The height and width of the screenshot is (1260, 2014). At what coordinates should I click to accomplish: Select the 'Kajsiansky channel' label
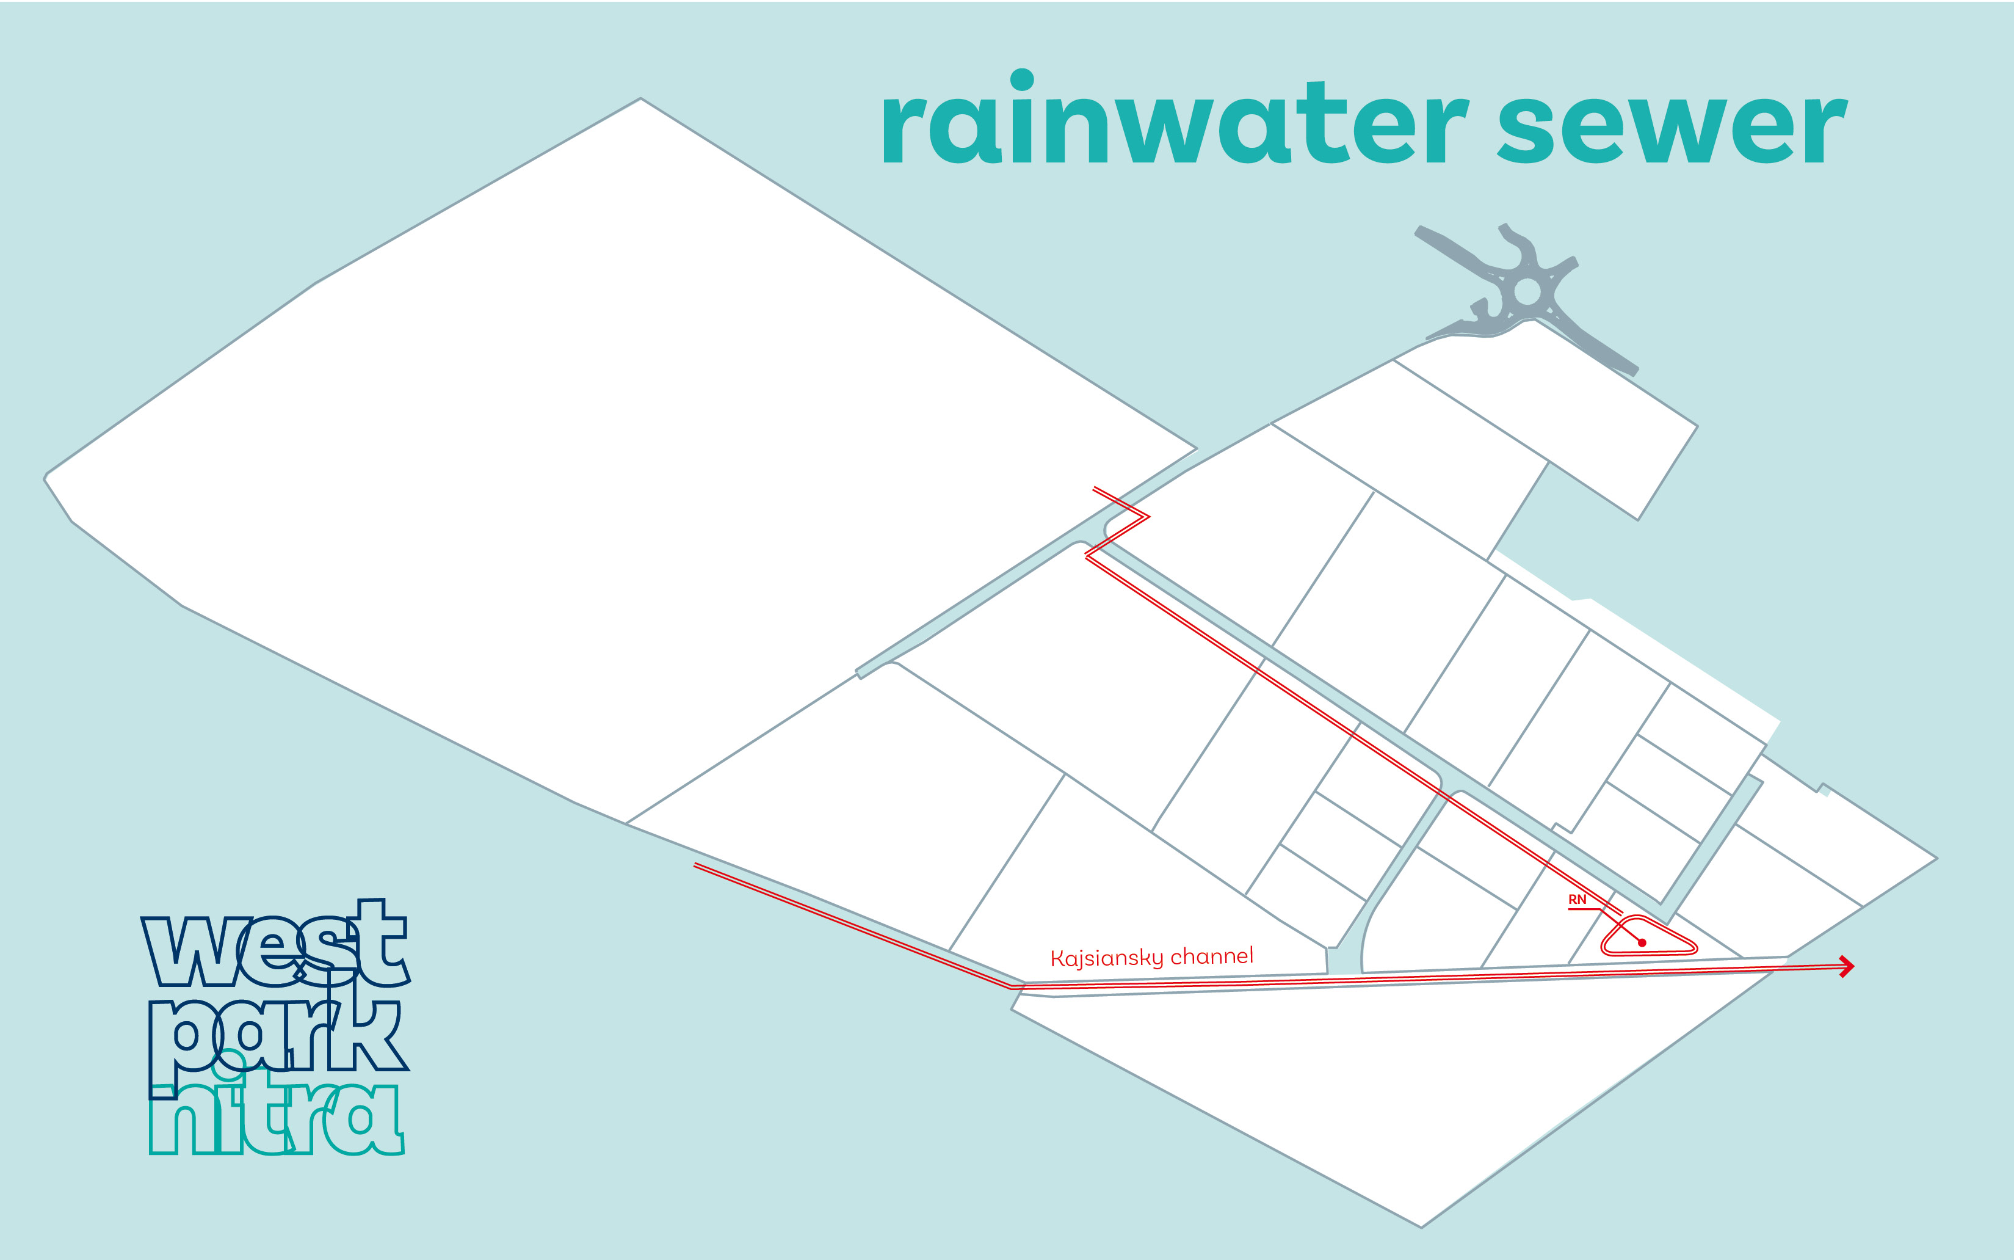click(x=1152, y=956)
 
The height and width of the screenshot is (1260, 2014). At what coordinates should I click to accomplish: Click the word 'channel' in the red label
click(x=1212, y=955)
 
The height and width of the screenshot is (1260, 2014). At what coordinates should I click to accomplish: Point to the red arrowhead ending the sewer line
click(x=1847, y=967)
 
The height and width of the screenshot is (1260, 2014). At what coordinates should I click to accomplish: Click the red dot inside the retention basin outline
click(x=1642, y=942)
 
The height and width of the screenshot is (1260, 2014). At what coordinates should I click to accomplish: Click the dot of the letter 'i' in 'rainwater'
click(x=1022, y=79)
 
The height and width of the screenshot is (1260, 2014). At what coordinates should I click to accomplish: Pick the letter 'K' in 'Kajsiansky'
click(x=1058, y=958)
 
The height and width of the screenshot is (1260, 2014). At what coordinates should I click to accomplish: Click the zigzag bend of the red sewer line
click(x=1148, y=517)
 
